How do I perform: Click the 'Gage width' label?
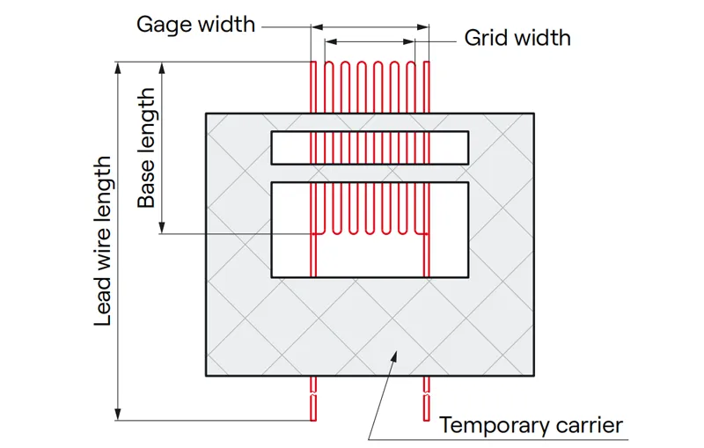(194, 24)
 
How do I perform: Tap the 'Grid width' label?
(517, 38)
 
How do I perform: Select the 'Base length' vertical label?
(146, 147)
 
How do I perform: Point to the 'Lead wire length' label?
(104, 241)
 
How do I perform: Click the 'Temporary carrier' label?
(531, 426)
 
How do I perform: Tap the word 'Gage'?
(163, 24)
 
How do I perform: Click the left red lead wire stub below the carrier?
(313, 398)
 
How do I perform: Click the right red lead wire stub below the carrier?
(427, 398)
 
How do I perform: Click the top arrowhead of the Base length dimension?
(163, 66)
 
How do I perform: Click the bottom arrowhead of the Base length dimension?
(163, 228)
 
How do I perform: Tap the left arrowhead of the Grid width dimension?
(329, 40)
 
